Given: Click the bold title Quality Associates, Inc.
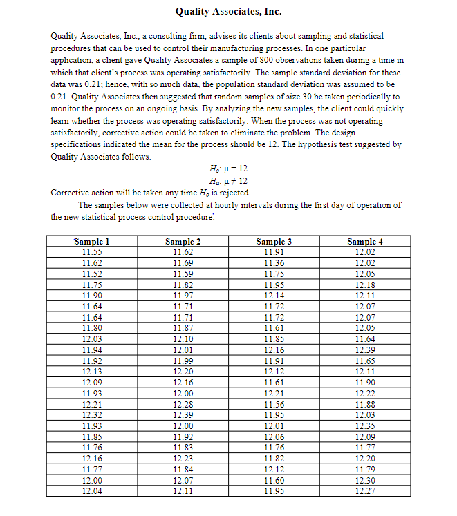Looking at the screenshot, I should click(x=228, y=12).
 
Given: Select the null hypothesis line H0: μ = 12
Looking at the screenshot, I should click(x=228, y=169).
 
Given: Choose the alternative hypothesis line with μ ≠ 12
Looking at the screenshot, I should click(x=228, y=180).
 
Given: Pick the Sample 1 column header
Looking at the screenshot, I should click(x=92, y=242).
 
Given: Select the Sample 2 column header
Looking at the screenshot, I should click(x=183, y=242).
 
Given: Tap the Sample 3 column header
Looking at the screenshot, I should click(x=274, y=242).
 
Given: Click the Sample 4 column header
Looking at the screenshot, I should click(x=364, y=242).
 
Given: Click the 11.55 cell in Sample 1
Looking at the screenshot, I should click(x=92, y=252).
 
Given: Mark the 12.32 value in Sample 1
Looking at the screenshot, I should click(x=92, y=415).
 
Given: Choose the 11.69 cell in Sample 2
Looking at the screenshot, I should click(x=183, y=263).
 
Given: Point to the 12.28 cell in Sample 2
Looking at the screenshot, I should click(x=183, y=404).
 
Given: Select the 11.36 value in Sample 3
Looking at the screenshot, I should click(x=274, y=263).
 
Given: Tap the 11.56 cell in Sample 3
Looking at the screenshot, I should click(x=274, y=404).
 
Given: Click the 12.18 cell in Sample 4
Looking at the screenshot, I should click(x=364, y=285).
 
